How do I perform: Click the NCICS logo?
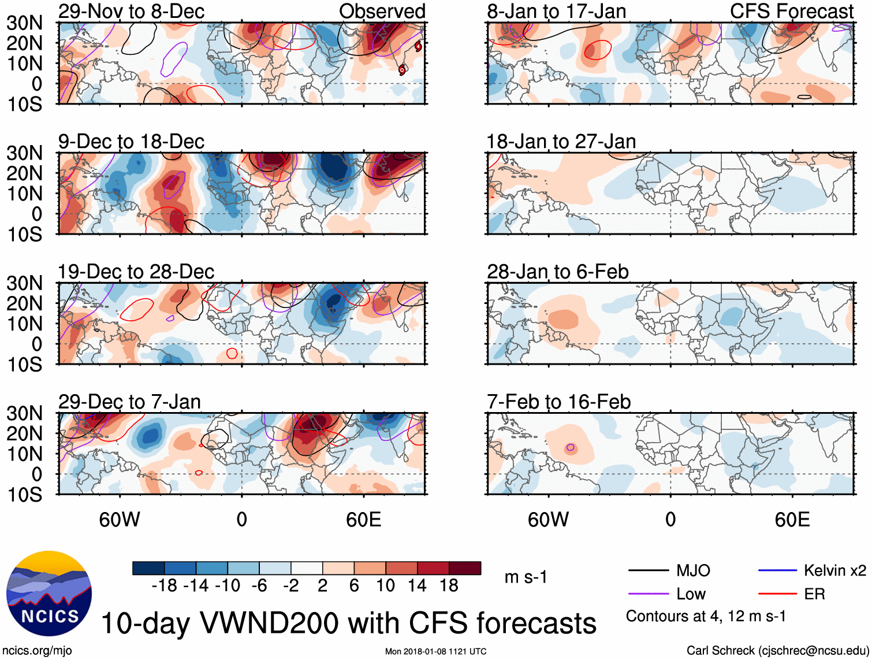[x=49, y=594]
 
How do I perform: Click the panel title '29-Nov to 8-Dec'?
[x=131, y=11]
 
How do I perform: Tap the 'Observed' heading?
[x=382, y=11]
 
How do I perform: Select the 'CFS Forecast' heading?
[x=791, y=11]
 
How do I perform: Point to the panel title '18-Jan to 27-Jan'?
[x=561, y=142]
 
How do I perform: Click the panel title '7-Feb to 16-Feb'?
[x=558, y=402]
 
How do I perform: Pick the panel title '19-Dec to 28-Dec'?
[x=136, y=272]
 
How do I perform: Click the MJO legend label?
[x=693, y=571]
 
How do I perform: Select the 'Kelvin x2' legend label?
[x=834, y=571]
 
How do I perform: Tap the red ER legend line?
[x=777, y=594]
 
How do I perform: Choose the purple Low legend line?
[x=648, y=594]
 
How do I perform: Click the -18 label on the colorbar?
[x=164, y=586]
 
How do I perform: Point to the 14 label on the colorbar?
[x=417, y=586]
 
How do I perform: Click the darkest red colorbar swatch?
[x=465, y=568]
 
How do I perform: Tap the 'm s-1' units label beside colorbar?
[x=526, y=577]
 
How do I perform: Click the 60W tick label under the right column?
[x=548, y=520]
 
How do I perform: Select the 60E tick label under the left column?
[x=363, y=520]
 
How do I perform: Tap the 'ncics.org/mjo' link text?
[x=37, y=651]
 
